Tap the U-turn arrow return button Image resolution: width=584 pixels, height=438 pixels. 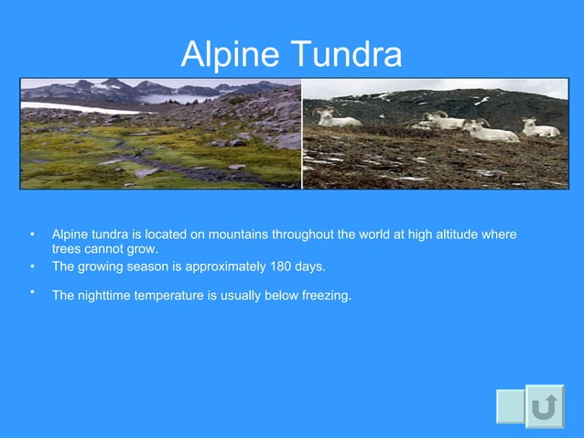pyautogui.click(x=545, y=406)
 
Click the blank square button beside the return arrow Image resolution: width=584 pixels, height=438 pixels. pyautogui.click(x=510, y=406)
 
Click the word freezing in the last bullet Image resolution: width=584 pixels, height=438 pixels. pyautogui.click(x=326, y=295)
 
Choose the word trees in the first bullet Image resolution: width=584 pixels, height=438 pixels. pyautogui.click(x=67, y=248)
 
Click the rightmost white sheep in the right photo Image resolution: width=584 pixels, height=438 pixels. pyautogui.click(x=541, y=128)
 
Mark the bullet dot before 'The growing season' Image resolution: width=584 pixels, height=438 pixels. pyautogui.click(x=31, y=267)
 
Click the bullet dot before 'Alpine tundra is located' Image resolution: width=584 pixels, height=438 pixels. pyautogui.click(x=31, y=235)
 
